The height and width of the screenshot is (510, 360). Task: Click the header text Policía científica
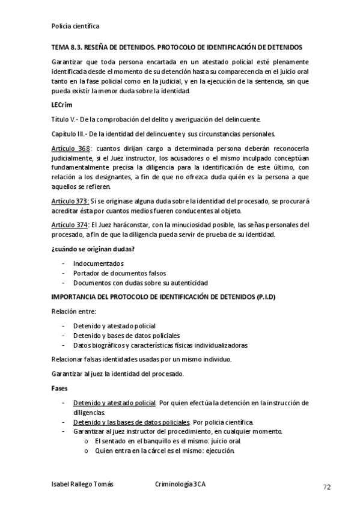[75, 26]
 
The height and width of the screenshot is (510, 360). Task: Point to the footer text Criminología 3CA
[183, 484]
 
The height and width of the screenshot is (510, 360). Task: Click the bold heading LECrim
[62, 105]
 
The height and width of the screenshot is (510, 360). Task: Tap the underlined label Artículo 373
[70, 201]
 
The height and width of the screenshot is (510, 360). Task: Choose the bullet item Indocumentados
[98, 263]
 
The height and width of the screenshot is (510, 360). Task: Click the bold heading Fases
[59, 388]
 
